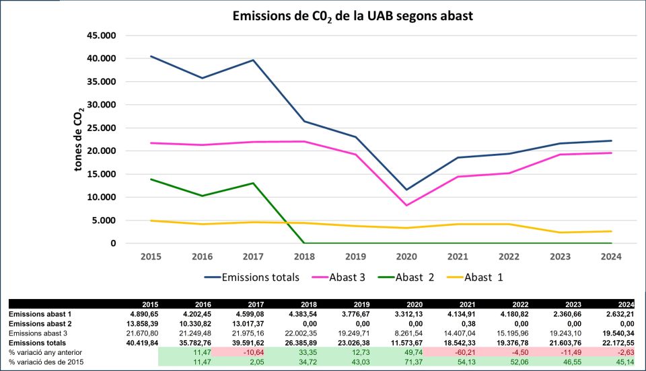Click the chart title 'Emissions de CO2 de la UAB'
(353, 15)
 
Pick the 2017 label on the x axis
(253, 256)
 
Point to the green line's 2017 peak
(253, 183)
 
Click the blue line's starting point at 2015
(151, 56)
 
